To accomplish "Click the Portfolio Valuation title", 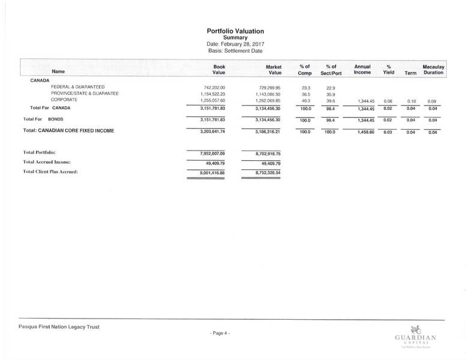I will [235, 31].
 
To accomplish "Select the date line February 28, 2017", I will [235, 44].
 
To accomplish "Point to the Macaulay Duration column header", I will [432, 69].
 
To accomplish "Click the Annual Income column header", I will [362, 69].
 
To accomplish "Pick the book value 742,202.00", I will [214, 88].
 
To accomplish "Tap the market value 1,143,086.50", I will [264, 94].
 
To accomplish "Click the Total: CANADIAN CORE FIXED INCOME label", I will [68, 130].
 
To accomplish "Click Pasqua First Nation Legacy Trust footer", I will [59, 326].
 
